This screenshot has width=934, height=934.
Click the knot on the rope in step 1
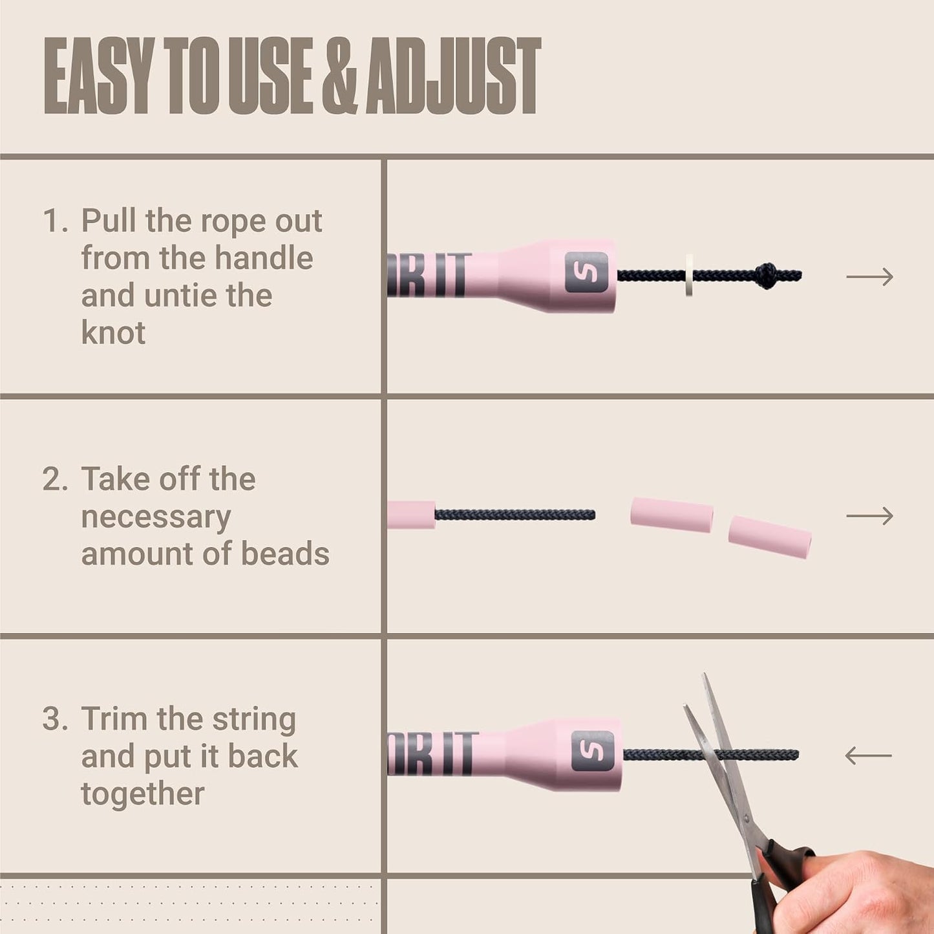[767, 275]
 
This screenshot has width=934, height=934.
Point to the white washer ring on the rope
[689, 275]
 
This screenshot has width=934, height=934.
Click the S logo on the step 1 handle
[587, 272]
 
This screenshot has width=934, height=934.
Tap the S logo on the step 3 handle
[593, 751]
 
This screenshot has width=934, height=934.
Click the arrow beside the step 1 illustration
[869, 277]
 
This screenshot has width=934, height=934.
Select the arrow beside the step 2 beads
[869, 516]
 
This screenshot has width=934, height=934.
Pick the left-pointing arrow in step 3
[868, 755]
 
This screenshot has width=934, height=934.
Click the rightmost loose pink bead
[770, 537]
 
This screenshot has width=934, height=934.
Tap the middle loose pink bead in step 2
[672, 514]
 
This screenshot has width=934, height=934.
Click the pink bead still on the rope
[412, 514]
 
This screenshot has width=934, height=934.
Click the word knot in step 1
[113, 332]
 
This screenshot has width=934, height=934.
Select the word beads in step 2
[285, 554]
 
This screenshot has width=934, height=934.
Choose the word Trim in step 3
[115, 719]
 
